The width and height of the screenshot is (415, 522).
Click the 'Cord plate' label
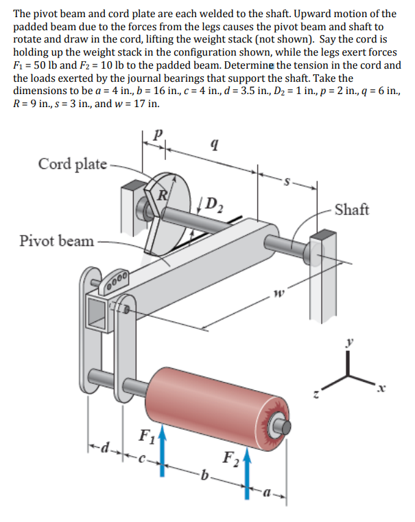(x=72, y=164)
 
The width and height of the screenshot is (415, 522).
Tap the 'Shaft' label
(x=353, y=208)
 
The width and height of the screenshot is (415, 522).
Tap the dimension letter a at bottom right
(x=266, y=493)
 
